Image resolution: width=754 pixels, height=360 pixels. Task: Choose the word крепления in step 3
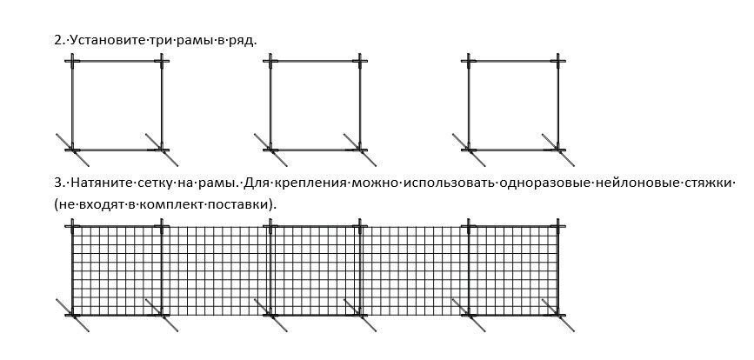pyautogui.click(x=310, y=184)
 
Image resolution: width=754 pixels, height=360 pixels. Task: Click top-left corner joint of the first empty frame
pyautogui.click(x=72, y=61)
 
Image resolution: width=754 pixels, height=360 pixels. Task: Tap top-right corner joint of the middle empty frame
pyautogui.click(x=360, y=61)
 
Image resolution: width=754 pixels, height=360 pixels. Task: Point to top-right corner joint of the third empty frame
pyautogui.click(x=558, y=61)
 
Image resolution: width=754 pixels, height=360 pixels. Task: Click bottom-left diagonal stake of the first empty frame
pyautogui.click(x=71, y=150)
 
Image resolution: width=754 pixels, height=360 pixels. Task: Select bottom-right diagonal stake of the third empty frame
pyautogui.click(x=558, y=150)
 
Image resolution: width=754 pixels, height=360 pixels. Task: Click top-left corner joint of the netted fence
pyautogui.click(x=72, y=225)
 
